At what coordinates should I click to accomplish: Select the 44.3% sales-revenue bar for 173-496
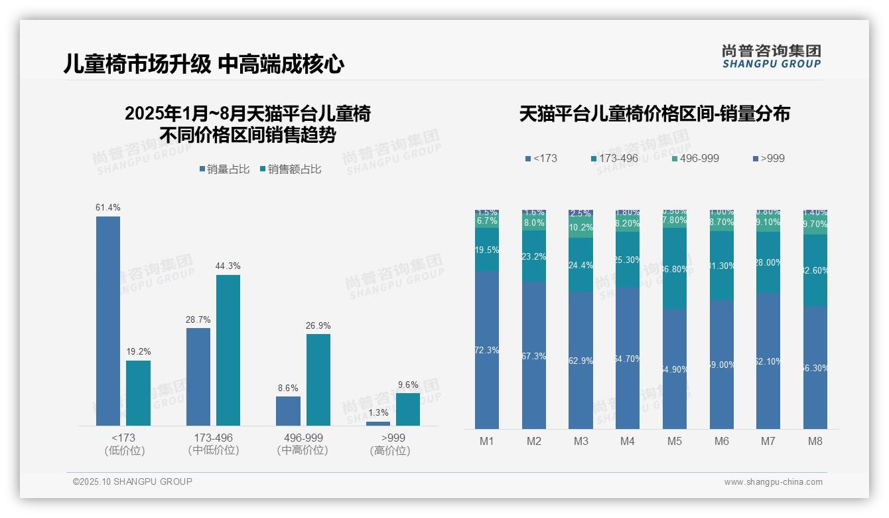[x=228, y=350]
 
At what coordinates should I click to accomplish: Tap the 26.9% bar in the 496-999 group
[x=318, y=379]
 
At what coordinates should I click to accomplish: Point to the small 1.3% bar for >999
[x=378, y=423]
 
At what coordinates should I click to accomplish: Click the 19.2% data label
[x=138, y=351]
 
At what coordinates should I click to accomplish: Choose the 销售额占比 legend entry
[x=291, y=169]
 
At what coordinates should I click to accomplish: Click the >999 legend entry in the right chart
[x=769, y=159]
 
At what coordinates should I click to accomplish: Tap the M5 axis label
[x=675, y=441]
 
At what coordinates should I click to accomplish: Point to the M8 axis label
[x=815, y=441]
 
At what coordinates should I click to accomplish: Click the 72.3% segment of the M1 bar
[x=487, y=350]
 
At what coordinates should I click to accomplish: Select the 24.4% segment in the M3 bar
[x=581, y=265]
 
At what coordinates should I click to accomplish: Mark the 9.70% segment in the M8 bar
[x=815, y=224]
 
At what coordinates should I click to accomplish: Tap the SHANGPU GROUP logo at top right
[x=772, y=56]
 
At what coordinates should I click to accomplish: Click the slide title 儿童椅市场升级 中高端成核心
[x=204, y=64]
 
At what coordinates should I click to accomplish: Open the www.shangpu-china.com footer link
[x=773, y=482]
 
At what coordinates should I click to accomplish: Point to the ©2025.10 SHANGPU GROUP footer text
[x=133, y=482]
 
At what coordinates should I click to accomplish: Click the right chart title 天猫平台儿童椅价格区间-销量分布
[x=654, y=114]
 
